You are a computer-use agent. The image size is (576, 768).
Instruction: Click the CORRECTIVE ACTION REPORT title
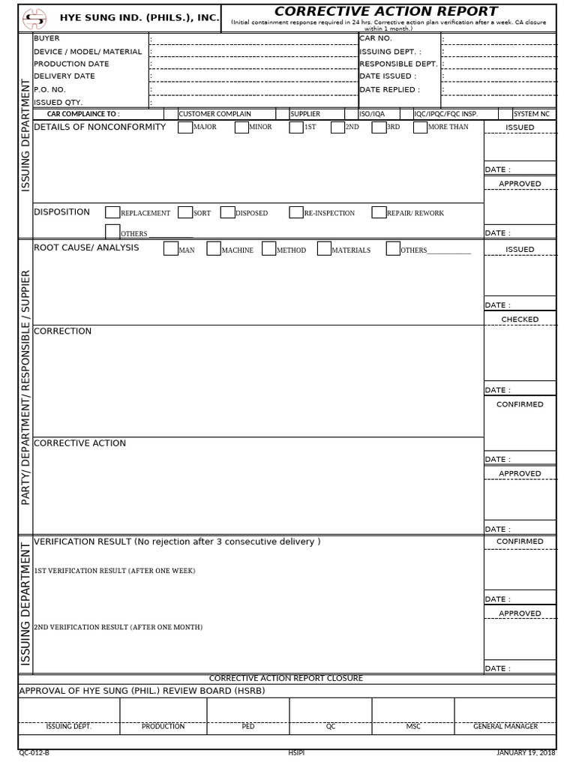[x=385, y=11]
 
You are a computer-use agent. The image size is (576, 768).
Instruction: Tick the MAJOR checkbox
[x=184, y=127]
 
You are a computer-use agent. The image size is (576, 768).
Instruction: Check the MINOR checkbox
[x=241, y=127]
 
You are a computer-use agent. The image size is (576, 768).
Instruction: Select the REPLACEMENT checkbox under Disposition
[x=112, y=213]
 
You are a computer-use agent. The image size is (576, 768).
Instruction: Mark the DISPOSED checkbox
[x=228, y=213]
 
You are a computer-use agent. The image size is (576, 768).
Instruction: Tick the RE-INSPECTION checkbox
[x=296, y=213]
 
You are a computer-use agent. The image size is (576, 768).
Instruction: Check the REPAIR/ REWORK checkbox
[x=379, y=213]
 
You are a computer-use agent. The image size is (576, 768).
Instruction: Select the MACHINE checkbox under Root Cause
[x=214, y=249]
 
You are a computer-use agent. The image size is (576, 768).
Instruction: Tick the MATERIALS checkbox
[x=324, y=249]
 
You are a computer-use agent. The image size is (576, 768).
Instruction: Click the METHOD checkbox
[x=269, y=249]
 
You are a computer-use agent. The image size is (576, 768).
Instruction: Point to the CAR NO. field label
[x=376, y=38]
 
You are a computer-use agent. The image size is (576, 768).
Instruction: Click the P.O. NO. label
[x=50, y=89]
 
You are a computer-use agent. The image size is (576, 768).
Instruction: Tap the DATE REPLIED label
[x=389, y=89]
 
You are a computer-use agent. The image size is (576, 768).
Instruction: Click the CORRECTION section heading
[x=63, y=331]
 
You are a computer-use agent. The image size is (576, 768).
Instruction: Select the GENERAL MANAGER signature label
[x=505, y=727]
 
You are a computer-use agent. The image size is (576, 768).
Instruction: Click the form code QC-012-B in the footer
[x=34, y=753]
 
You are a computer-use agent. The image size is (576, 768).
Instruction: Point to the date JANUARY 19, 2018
[x=526, y=753]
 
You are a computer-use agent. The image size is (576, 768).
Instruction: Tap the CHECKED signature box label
[x=520, y=319]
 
